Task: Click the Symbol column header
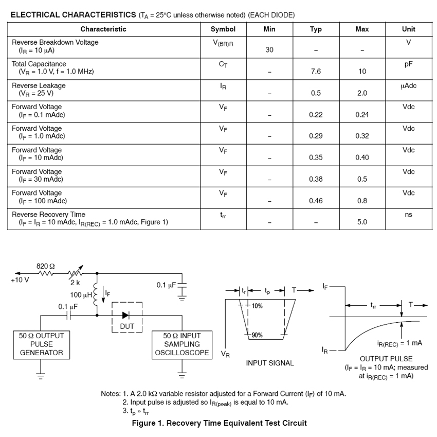pyautogui.click(x=223, y=29)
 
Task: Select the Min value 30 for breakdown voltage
pyautogui.click(x=269, y=50)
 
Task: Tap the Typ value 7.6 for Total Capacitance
pyautogui.click(x=316, y=72)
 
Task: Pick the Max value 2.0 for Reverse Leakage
pyautogui.click(x=362, y=93)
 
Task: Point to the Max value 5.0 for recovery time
pyautogui.click(x=362, y=222)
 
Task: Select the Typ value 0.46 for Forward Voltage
pyautogui.click(x=316, y=201)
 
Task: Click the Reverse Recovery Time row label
pyautogui.click(x=49, y=214)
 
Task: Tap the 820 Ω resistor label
pyautogui.click(x=46, y=266)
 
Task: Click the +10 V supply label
pyautogui.click(x=20, y=281)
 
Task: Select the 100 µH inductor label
pyautogui.click(x=81, y=295)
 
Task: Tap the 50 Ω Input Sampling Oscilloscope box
pyautogui.click(x=182, y=344)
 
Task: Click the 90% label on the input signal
pyautogui.click(x=257, y=335)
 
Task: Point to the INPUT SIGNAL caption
pyautogui.click(x=269, y=363)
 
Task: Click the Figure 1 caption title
pyautogui.click(x=219, y=423)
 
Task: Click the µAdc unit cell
pyautogui.click(x=409, y=85)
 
